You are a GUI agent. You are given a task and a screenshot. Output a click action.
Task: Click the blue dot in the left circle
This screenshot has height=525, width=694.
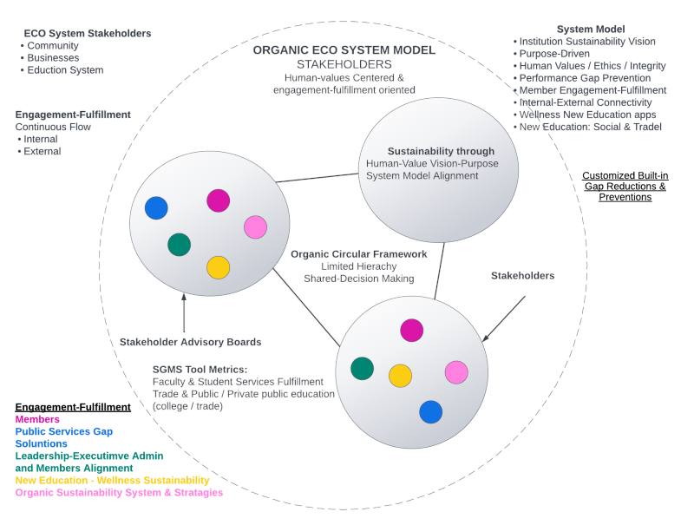[x=156, y=208]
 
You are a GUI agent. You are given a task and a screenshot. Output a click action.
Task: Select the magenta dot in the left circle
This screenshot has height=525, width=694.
[x=219, y=200]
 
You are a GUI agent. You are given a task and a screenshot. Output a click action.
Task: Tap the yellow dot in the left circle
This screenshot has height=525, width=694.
[x=218, y=267]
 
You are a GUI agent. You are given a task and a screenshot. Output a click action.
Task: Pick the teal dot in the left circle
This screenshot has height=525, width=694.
[x=180, y=244]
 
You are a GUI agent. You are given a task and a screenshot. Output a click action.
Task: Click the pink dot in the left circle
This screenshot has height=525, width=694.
[x=255, y=227]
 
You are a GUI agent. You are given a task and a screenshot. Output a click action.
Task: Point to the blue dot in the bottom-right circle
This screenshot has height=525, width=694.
[x=431, y=411]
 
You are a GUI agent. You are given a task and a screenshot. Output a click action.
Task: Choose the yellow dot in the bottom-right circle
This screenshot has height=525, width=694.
[x=400, y=375]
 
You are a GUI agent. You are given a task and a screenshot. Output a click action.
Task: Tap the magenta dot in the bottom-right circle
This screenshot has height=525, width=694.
[x=412, y=330]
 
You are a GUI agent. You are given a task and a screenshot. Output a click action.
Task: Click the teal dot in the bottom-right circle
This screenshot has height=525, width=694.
[x=363, y=368]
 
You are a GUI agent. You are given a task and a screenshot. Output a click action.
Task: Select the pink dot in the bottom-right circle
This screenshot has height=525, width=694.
[x=456, y=372]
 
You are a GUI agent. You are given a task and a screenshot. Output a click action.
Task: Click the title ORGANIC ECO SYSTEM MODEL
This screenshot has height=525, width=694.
[x=344, y=50]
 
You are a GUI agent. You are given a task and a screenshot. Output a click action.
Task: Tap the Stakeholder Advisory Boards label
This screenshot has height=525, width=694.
[x=191, y=341]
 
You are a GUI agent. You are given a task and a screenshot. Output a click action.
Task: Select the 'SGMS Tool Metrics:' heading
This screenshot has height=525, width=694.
[x=200, y=369]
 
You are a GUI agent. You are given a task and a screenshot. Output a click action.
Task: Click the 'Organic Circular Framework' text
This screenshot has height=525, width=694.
[x=358, y=254]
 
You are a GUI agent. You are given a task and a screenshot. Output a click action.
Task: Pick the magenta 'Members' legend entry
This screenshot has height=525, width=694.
[x=37, y=418]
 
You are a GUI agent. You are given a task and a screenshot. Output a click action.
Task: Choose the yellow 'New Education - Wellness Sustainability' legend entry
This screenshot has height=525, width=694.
[x=112, y=480]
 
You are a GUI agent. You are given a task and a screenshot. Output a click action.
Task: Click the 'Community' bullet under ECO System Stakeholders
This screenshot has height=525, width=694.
[x=53, y=46]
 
